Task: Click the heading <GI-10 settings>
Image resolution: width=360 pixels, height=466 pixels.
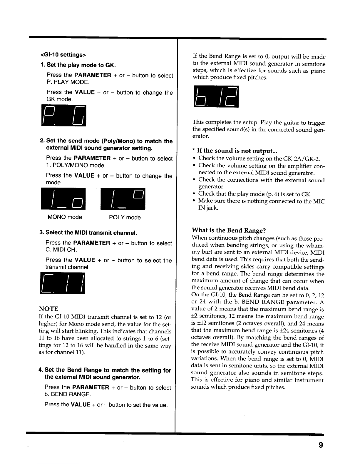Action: coord(63,55)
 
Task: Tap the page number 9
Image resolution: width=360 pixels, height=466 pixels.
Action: coord(321,445)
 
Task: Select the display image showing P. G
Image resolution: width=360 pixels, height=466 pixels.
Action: coord(64,116)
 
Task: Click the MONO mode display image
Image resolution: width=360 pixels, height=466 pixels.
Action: coord(63,199)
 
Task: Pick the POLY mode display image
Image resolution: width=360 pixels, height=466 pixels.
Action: coord(123,199)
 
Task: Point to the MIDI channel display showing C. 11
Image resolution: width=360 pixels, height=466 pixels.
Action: coord(63,283)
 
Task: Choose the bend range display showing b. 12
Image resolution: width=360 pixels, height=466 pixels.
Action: coord(216,97)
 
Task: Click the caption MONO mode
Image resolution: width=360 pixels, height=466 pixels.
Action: coord(65,217)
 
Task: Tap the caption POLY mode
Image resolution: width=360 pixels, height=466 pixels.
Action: coord(125,218)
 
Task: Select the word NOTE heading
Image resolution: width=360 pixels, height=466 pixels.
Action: coord(48,309)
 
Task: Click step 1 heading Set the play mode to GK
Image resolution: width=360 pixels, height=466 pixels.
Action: coord(78,65)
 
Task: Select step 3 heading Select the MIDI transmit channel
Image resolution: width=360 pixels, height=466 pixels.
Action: coord(88,233)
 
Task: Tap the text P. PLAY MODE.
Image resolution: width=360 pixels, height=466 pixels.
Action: coord(68,82)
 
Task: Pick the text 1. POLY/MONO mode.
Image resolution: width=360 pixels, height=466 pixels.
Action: coord(76,165)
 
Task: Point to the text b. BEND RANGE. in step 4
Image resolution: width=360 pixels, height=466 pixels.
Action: coord(68,394)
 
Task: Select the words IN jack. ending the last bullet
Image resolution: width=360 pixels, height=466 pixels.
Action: coord(208,208)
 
